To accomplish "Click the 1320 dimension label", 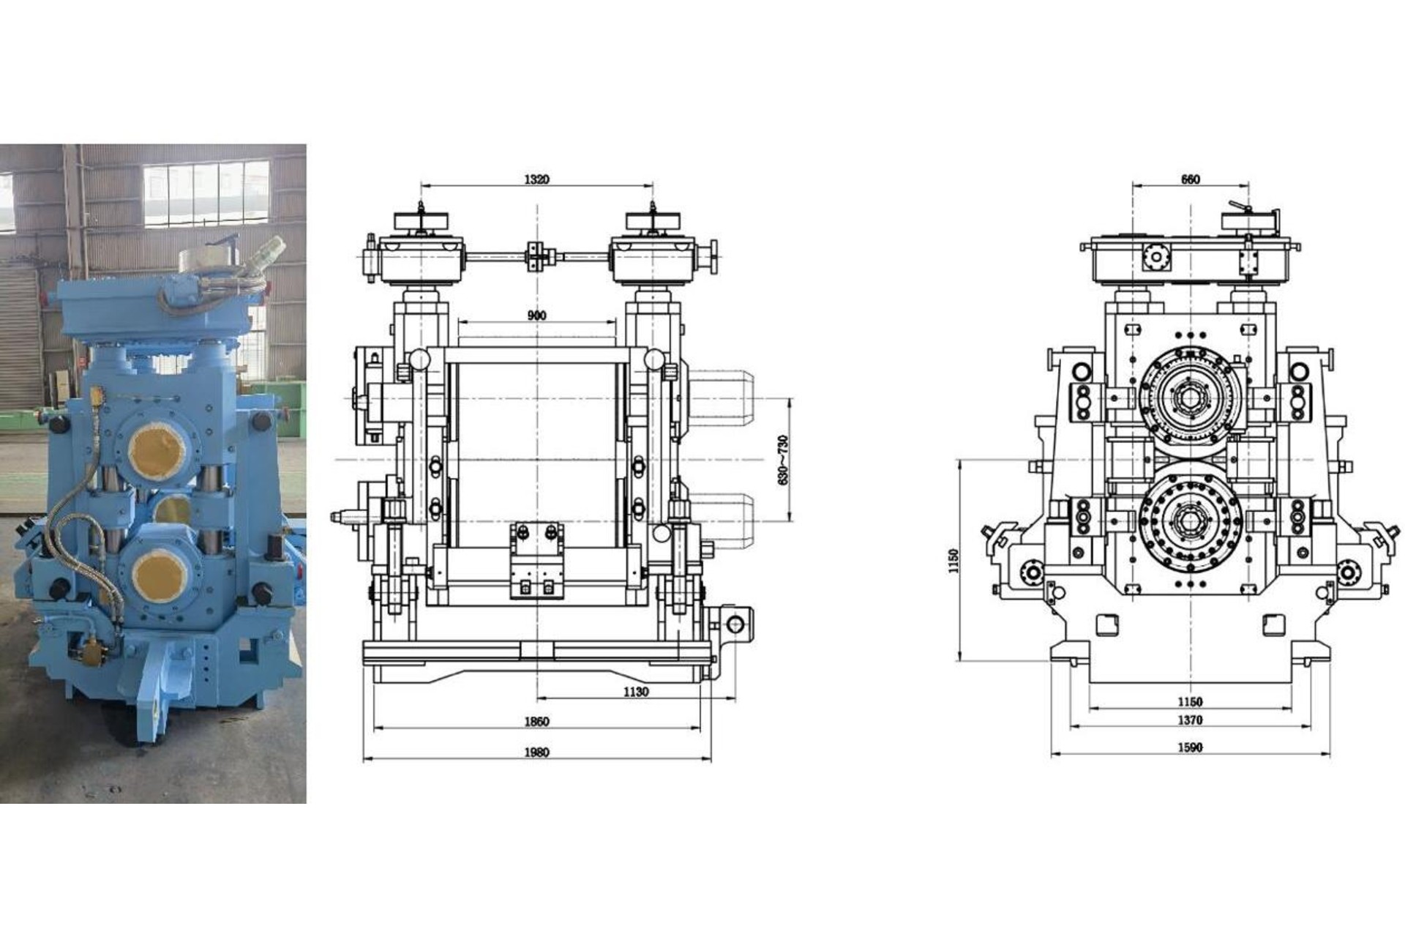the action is click(536, 179).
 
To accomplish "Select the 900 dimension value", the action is click(536, 316).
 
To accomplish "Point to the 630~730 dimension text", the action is click(783, 460).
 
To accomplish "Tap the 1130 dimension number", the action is click(636, 692).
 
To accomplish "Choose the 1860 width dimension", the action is click(536, 722).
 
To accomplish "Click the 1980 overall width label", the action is click(536, 753).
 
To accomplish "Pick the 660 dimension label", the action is click(1191, 179).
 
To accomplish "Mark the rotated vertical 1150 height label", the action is click(953, 561).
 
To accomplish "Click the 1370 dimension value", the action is click(1190, 720).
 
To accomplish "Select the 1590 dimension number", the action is click(1190, 747).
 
